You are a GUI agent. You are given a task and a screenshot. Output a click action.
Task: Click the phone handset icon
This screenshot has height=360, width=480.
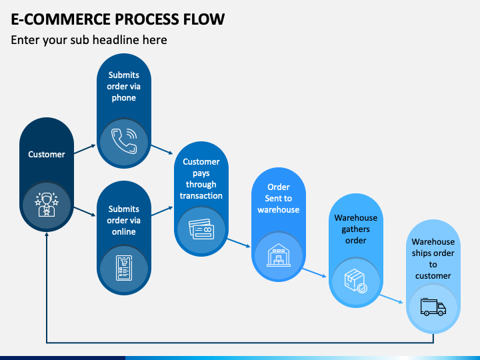(x=124, y=141)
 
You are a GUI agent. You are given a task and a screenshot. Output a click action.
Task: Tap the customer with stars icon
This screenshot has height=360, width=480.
(x=47, y=205)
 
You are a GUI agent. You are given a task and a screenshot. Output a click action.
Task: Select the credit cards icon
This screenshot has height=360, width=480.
(x=201, y=229)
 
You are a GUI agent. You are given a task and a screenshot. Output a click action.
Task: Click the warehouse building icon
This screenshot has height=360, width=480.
(x=279, y=255)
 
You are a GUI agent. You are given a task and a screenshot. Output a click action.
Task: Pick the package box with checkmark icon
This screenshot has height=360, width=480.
(x=356, y=281)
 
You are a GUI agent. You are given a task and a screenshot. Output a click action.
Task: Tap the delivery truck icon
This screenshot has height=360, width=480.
(x=433, y=307)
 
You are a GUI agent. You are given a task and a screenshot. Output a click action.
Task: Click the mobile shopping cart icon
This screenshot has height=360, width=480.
(x=124, y=268)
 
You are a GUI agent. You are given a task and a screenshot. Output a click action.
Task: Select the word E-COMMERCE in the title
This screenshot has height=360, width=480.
(x=61, y=19)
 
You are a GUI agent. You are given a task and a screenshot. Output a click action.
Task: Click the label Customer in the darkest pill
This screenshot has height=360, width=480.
(x=47, y=154)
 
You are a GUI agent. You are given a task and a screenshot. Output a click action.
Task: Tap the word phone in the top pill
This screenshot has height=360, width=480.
(x=124, y=98)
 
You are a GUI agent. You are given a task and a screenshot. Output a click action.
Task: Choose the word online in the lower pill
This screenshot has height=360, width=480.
(x=124, y=232)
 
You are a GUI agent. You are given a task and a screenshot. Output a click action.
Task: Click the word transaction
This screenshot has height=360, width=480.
(x=201, y=195)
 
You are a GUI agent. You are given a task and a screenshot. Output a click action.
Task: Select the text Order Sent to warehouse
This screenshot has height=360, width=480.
(x=279, y=199)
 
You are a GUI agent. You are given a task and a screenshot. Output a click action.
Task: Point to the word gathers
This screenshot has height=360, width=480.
(x=356, y=229)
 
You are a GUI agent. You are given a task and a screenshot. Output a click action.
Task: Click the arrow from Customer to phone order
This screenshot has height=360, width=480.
(x=85, y=149)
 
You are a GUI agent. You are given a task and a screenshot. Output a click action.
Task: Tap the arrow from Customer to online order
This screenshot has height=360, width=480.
(x=85, y=212)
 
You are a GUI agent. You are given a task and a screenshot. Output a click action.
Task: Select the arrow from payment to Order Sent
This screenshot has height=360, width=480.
(x=239, y=243)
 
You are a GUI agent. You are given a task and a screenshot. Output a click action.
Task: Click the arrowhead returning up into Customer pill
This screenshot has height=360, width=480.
(x=47, y=235)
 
